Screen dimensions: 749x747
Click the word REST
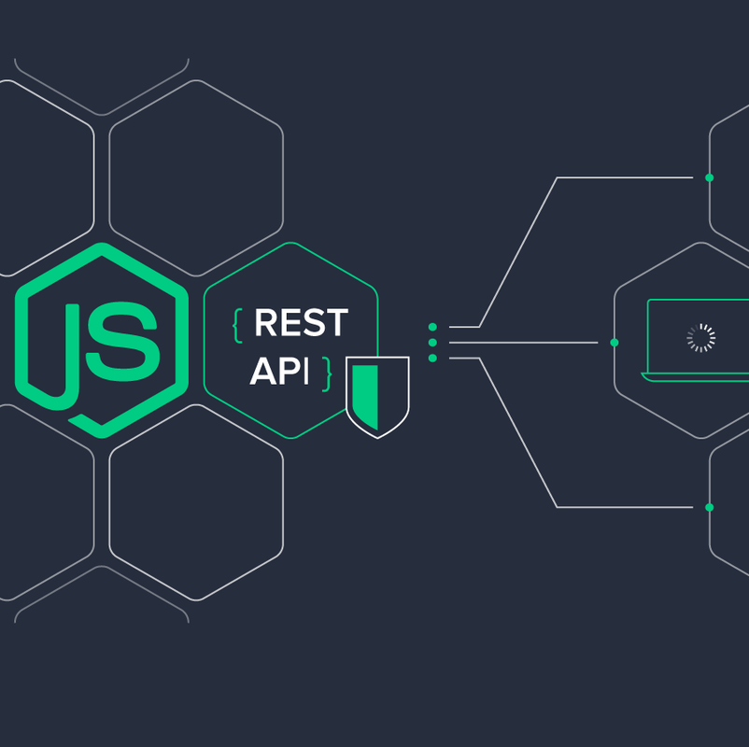point(301,323)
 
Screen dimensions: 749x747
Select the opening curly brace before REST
point(237,324)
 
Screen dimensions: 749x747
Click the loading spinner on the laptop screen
point(700,338)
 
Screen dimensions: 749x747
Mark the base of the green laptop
point(696,376)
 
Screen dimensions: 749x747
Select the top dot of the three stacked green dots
point(432,327)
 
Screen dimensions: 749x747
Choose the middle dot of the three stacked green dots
point(432,343)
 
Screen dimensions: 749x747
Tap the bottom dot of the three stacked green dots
point(432,358)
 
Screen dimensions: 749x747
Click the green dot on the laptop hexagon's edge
point(615,343)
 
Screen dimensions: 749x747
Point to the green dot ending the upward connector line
point(709,177)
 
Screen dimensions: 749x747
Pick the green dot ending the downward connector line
point(709,507)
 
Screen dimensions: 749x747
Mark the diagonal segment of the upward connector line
point(518,251)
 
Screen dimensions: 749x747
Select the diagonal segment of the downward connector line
point(518,432)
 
